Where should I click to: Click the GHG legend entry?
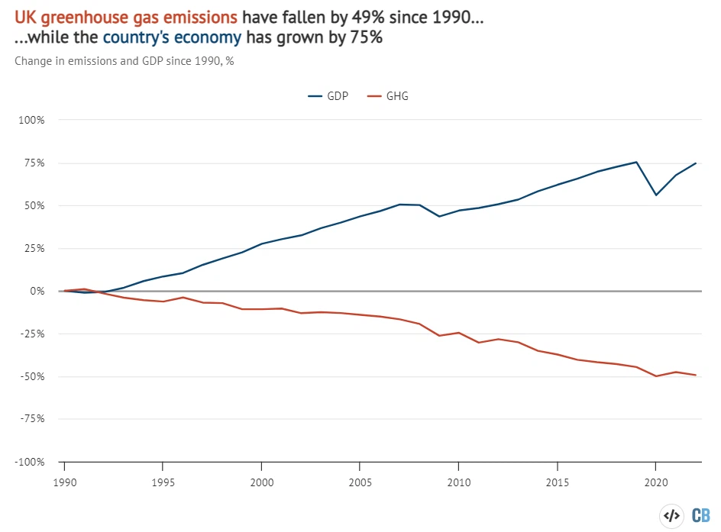[x=388, y=97]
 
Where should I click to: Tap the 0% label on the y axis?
[x=38, y=291]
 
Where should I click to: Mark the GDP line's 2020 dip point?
[x=655, y=195]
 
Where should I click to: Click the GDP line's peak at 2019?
[x=636, y=162]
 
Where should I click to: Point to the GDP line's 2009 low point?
[x=438, y=216]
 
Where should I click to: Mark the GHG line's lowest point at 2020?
[x=655, y=376]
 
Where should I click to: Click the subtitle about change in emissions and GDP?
[x=124, y=61]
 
